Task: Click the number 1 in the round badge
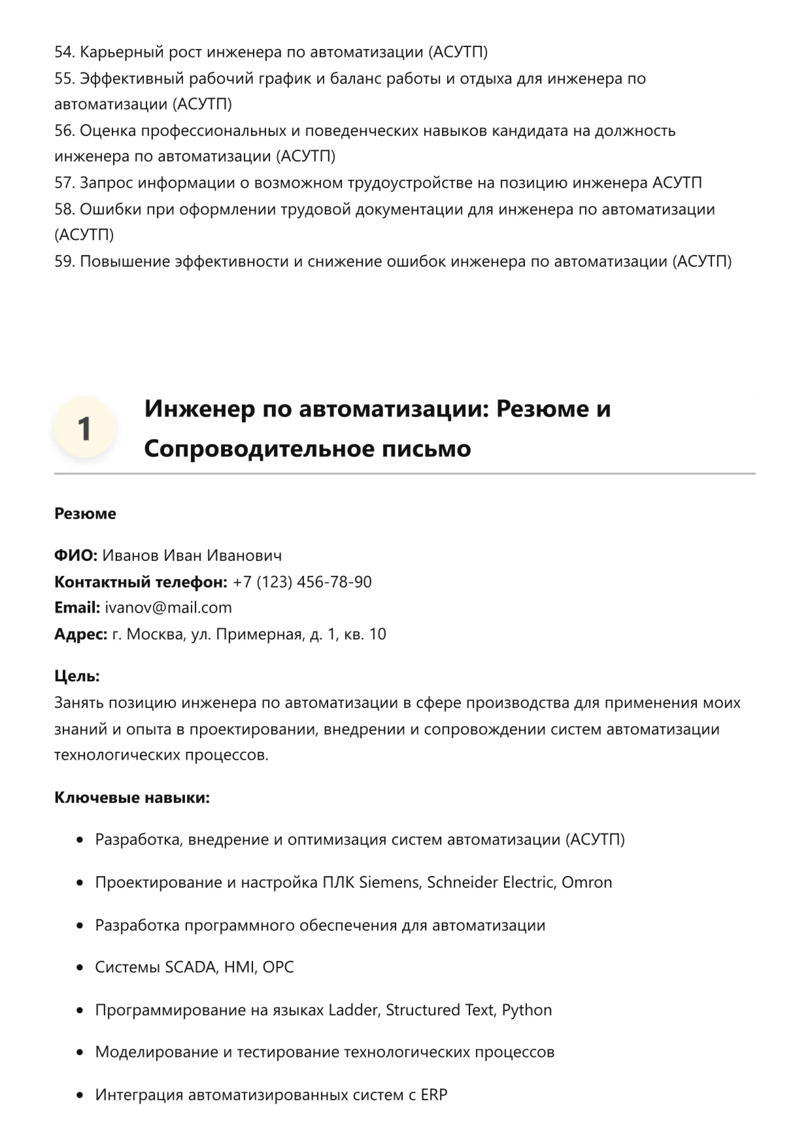(x=84, y=428)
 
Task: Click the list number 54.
(x=64, y=52)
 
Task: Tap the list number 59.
(x=64, y=261)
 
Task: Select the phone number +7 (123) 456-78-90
(x=302, y=582)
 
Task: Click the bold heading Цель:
(x=77, y=676)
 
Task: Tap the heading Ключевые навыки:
(x=132, y=798)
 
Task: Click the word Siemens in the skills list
(x=390, y=882)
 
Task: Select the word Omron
(x=586, y=882)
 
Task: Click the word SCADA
(x=190, y=967)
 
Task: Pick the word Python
(x=526, y=1010)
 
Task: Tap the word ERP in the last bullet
(x=433, y=1095)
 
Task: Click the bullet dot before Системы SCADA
(x=80, y=968)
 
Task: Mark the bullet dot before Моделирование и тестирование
(x=80, y=1053)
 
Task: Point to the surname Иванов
(x=131, y=556)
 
